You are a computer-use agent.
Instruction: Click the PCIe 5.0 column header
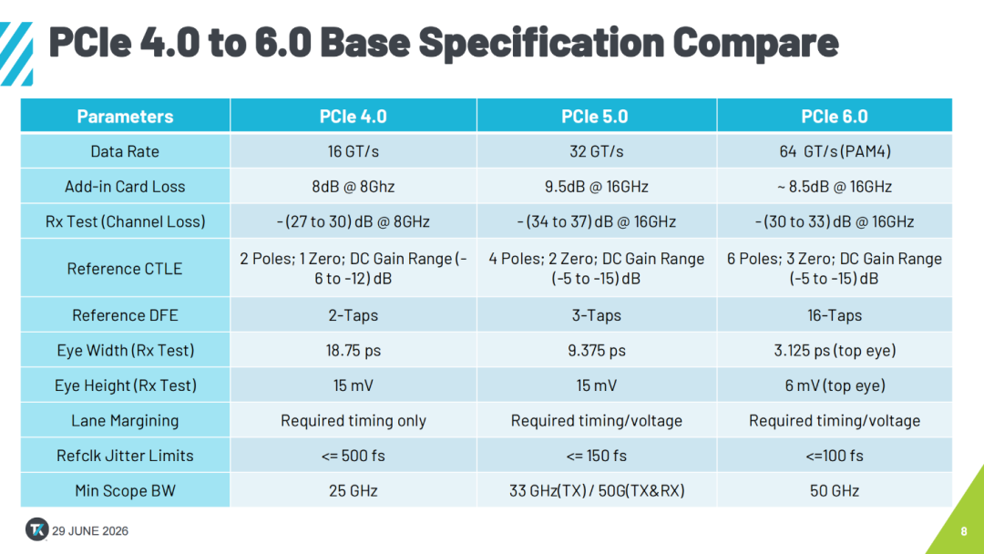point(594,116)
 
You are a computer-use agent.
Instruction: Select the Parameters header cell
point(125,116)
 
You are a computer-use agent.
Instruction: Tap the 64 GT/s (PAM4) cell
point(835,151)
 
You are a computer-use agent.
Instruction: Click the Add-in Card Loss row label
point(125,187)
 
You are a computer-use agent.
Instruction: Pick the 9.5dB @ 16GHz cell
point(596,187)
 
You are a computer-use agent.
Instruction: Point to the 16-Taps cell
point(835,315)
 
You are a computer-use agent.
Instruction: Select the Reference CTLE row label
point(125,269)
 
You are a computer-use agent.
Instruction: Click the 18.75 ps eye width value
point(354,350)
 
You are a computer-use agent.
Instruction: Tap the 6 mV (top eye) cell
point(835,385)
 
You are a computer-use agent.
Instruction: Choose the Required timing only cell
point(354,420)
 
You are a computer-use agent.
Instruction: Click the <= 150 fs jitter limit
point(596,456)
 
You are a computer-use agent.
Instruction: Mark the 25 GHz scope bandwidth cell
point(354,490)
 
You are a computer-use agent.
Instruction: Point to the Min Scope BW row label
point(125,490)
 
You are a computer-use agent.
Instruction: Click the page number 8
point(964,531)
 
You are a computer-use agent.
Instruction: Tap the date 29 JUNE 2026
point(89,531)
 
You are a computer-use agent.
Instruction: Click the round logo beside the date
point(37,529)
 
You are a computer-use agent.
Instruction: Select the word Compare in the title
point(755,43)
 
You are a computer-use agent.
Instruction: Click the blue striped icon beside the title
point(16,54)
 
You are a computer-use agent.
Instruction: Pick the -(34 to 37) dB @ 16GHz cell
point(596,221)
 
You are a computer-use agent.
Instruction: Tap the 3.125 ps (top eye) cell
point(835,350)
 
